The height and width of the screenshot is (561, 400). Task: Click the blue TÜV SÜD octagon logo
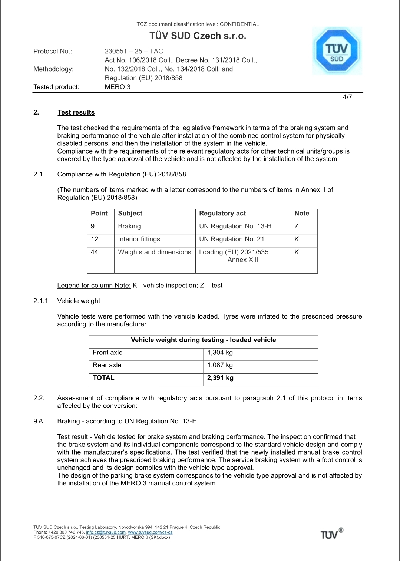pyautogui.click(x=337, y=51)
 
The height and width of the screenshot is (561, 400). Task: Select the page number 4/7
pyautogui.click(x=347, y=97)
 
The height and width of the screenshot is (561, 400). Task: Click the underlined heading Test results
pyautogui.click(x=76, y=112)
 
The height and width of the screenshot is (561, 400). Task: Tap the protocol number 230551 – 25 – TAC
pyautogui.click(x=134, y=51)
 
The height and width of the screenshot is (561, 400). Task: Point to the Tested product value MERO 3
pyautogui.click(x=118, y=87)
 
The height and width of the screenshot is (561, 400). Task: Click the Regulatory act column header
pyautogui.click(x=222, y=214)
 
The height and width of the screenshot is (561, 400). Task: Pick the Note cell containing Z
pyautogui.click(x=297, y=226)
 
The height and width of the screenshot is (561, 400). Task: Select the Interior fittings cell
pyautogui.click(x=139, y=239)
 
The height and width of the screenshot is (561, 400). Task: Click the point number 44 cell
pyautogui.click(x=95, y=252)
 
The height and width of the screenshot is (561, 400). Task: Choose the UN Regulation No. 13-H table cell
pyautogui.click(x=235, y=226)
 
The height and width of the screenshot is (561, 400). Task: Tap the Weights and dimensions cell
pyautogui.click(x=155, y=252)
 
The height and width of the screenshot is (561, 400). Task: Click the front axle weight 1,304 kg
pyautogui.click(x=220, y=353)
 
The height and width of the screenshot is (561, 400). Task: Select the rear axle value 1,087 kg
pyautogui.click(x=220, y=365)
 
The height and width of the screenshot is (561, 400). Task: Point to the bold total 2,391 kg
pyautogui.click(x=220, y=378)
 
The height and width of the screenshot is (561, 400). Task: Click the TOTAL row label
pyautogui.click(x=103, y=378)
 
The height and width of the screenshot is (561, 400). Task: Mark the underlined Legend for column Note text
pyautogui.click(x=94, y=286)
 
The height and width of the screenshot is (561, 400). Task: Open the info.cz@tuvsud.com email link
pyautogui.click(x=106, y=532)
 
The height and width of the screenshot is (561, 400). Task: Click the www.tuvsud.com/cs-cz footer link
pyautogui.click(x=150, y=532)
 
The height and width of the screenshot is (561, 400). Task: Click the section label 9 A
pyautogui.click(x=38, y=421)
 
